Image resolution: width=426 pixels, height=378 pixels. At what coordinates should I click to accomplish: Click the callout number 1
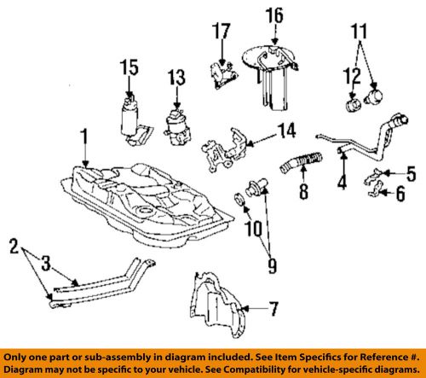(x=83, y=137)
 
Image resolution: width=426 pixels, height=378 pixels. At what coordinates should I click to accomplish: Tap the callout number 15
(x=129, y=67)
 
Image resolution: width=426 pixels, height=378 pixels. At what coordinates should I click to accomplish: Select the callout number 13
(x=175, y=79)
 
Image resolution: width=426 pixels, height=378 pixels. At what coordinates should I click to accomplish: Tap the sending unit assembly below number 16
(x=274, y=77)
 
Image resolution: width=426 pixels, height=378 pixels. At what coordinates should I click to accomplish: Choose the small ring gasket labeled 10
(x=242, y=201)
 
